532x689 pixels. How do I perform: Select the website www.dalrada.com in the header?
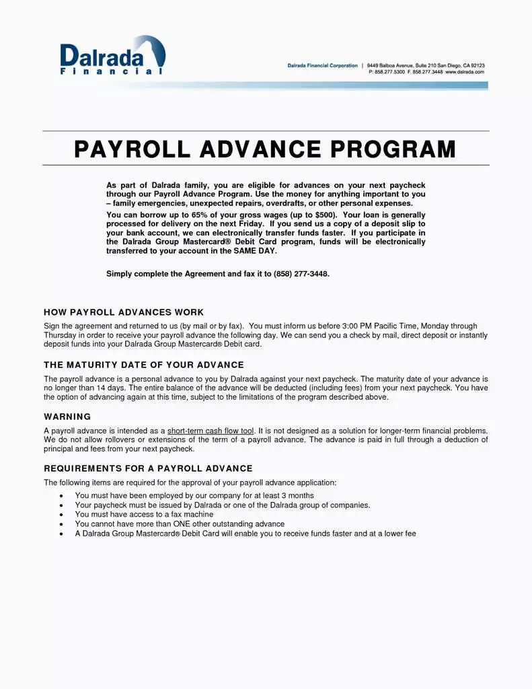(465, 71)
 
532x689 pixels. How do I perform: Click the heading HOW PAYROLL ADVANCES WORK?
(124, 312)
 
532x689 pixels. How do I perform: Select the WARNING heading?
(67, 416)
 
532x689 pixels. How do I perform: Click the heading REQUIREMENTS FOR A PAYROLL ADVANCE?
(148, 468)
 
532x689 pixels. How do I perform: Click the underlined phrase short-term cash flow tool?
(211, 430)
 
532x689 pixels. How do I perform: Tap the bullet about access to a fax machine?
(144, 514)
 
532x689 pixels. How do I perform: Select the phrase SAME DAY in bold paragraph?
(254, 251)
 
